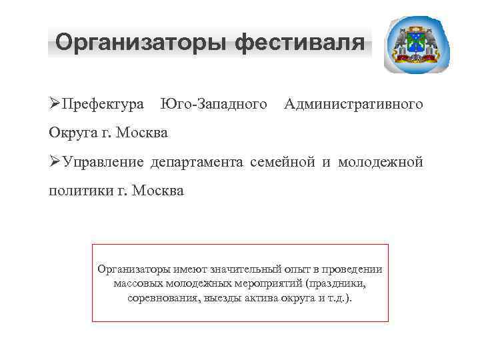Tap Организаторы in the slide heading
click(141, 43)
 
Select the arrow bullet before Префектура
click(55, 104)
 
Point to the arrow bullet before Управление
click(55, 162)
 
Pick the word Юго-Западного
click(214, 105)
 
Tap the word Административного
click(353, 105)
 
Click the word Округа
click(71, 133)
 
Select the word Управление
click(104, 163)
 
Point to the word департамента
click(199, 163)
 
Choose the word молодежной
click(381, 163)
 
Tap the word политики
click(77, 191)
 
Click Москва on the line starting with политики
click(158, 191)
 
